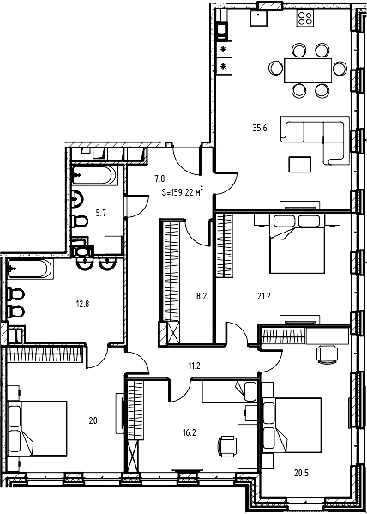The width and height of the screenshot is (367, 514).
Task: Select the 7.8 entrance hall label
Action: pyautogui.click(x=159, y=178)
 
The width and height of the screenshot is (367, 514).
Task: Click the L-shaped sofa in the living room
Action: pyautogui.click(x=317, y=139)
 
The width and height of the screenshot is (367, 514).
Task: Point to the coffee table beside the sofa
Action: pyautogui.click(x=301, y=163)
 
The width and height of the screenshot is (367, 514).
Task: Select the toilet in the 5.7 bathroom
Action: pyautogui.click(x=81, y=222)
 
